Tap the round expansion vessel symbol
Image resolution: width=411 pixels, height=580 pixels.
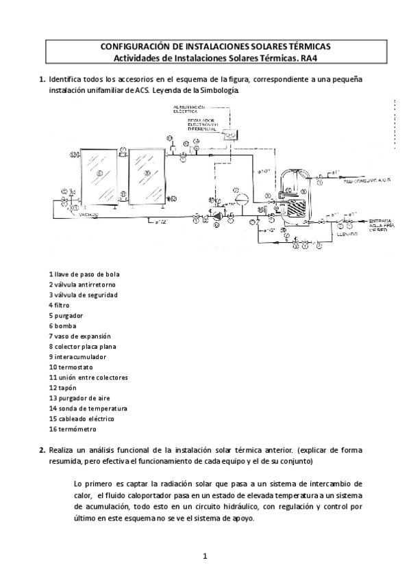coord(240,198)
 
